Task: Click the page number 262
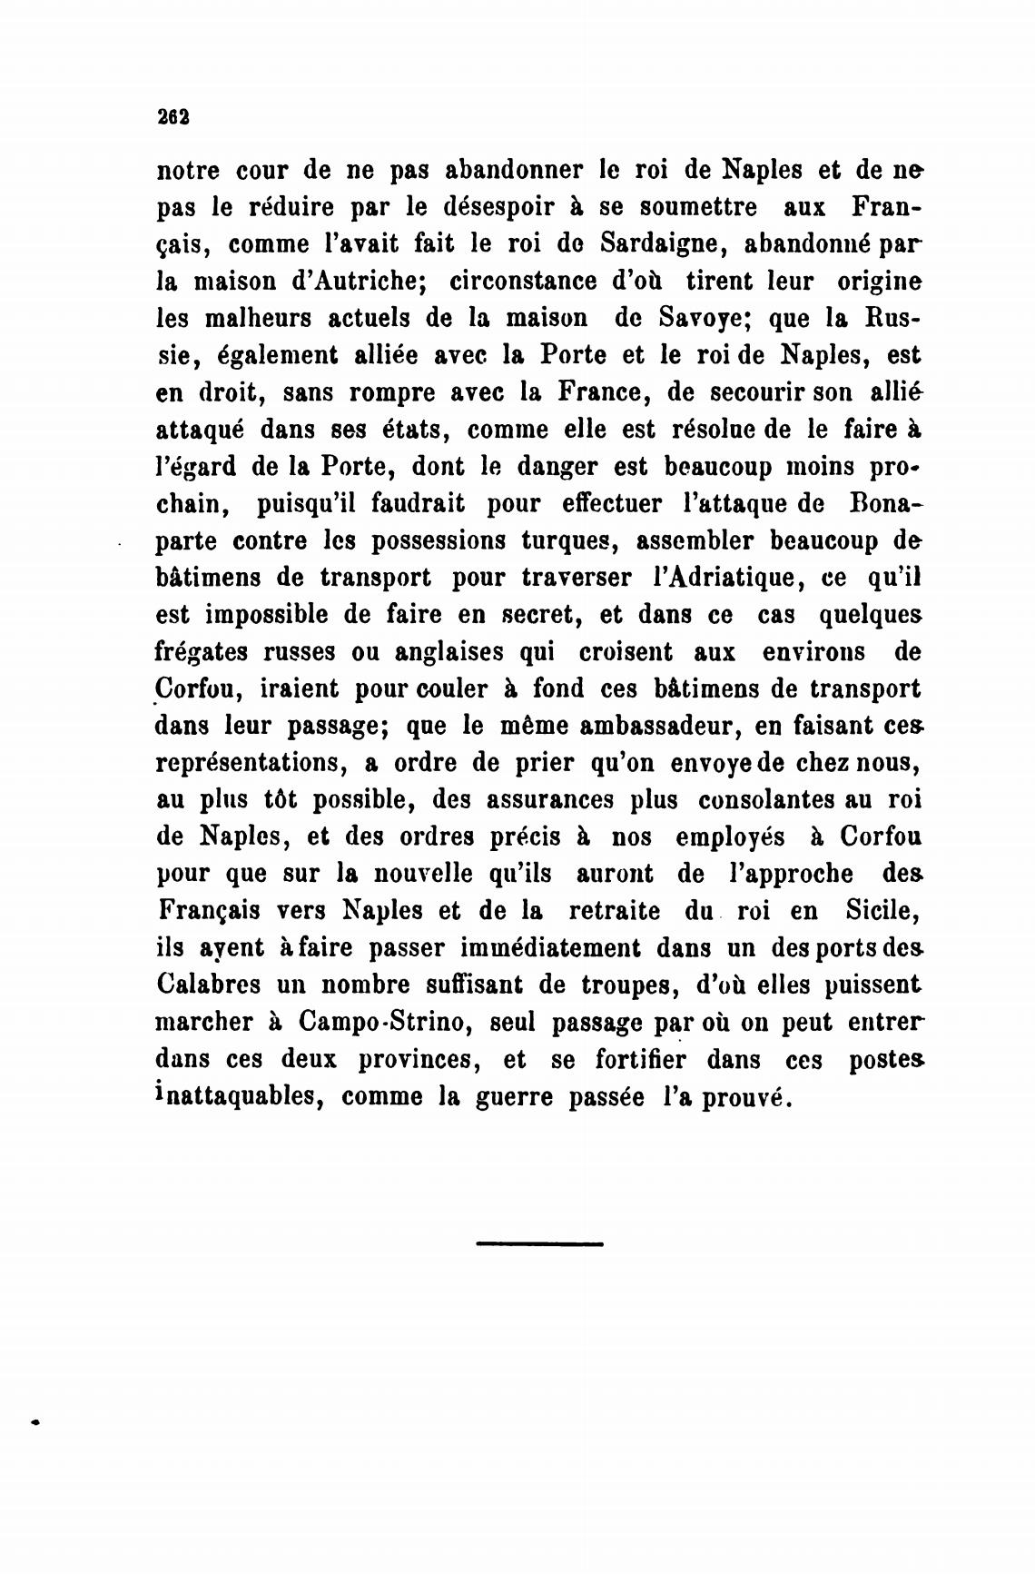pyautogui.click(x=172, y=116)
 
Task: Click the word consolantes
pyautogui.click(x=770, y=801)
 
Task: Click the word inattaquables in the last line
pyautogui.click(x=238, y=1097)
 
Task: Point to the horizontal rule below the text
pyautogui.click(x=538, y=1242)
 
